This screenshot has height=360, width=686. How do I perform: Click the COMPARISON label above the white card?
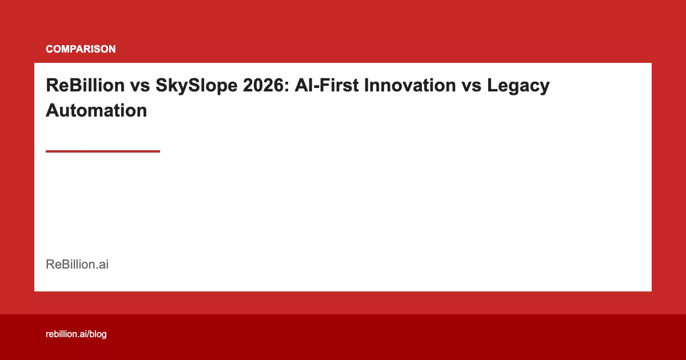click(81, 49)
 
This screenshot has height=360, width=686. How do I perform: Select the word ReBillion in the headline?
click(85, 86)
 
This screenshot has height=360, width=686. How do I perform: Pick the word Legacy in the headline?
click(518, 86)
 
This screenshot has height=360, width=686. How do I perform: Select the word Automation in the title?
click(96, 110)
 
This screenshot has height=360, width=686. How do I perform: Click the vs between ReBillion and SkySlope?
click(140, 86)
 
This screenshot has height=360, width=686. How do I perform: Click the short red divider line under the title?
click(103, 151)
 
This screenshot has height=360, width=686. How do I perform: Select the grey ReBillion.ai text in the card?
click(77, 265)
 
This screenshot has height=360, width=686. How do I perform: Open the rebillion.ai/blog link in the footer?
click(76, 334)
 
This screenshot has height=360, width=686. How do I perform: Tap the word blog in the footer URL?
click(98, 334)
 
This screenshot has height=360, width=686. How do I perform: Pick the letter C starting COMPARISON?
click(49, 49)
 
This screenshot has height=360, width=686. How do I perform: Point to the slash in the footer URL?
click(87, 334)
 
